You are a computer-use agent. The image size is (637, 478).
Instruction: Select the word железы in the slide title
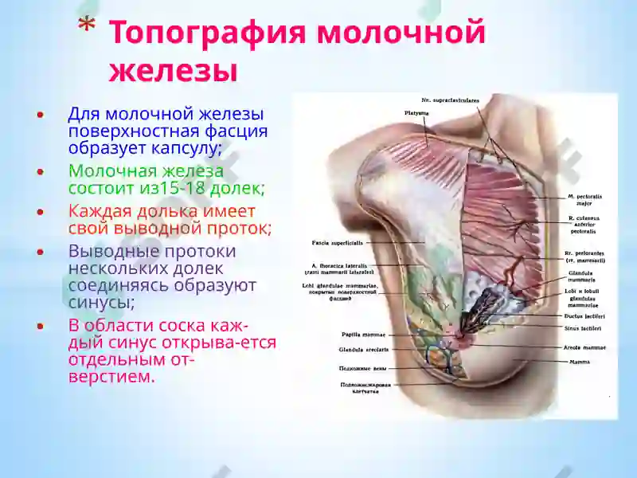click(x=173, y=70)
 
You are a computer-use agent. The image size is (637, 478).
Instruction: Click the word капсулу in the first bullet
click(x=181, y=149)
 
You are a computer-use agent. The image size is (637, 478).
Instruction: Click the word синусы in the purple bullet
click(x=101, y=304)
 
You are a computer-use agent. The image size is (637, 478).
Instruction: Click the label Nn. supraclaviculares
click(x=450, y=100)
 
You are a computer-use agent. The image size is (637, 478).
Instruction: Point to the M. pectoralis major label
click(x=583, y=198)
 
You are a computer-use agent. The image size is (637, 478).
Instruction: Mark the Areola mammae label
click(x=586, y=348)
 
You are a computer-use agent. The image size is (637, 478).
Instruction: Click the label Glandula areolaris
click(x=340, y=349)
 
